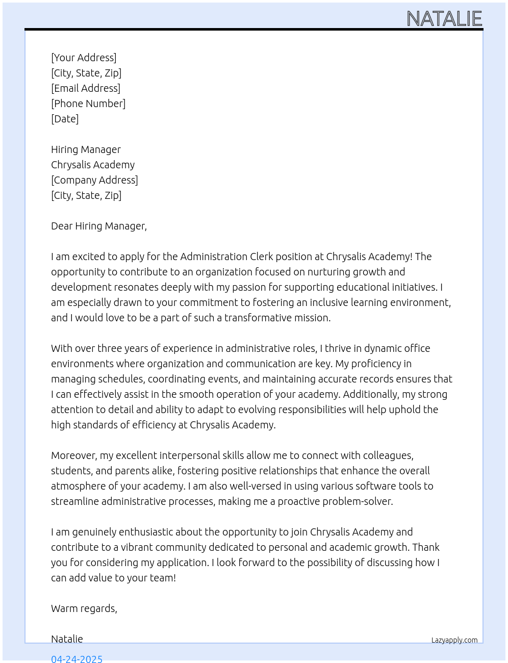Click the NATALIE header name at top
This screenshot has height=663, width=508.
click(444, 19)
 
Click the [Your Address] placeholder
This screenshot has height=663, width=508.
click(84, 58)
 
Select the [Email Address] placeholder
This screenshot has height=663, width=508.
click(86, 88)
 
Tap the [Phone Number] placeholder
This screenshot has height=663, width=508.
click(88, 104)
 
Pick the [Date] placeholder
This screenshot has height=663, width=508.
click(65, 119)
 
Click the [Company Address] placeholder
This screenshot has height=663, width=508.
click(94, 180)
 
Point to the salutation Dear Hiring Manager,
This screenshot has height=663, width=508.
click(99, 226)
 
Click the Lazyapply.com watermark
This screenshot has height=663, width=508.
click(454, 640)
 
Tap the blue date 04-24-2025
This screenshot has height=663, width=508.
click(77, 658)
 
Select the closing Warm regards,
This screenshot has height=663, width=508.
click(84, 608)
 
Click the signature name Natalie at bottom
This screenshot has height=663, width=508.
click(67, 639)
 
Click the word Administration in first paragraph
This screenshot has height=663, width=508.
click(214, 257)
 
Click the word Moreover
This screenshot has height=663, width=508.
click(74, 455)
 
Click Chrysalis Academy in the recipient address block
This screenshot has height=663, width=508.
click(93, 165)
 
